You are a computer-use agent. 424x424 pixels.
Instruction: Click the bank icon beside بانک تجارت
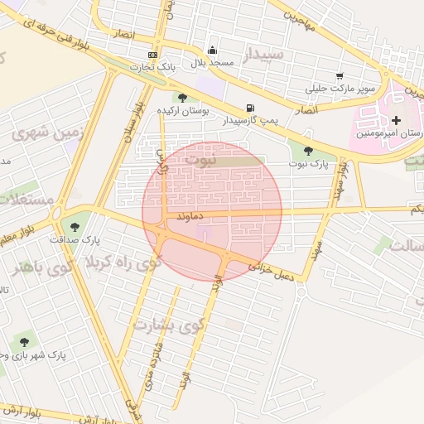click(x=152, y=55)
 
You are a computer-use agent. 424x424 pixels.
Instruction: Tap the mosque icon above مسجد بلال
click(x=212, y=50)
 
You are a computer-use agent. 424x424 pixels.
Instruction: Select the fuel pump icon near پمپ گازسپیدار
click(x=249, y=108)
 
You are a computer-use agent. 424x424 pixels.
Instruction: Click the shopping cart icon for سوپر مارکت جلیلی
click(x=340, y=76)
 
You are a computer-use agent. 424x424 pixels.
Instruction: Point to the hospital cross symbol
click(x=396, y=121)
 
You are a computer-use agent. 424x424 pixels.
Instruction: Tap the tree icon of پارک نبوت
click(x=309, y=151)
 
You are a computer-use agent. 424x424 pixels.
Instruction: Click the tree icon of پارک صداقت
click(x=75, y=227)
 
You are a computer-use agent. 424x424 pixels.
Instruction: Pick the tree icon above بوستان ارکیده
click(x=182, y=97)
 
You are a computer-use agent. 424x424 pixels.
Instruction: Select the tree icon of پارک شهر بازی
click(x=24, y=342)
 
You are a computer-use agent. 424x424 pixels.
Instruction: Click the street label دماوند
click(x=190, y=214)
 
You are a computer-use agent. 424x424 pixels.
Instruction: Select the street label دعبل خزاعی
click(x=271, y=267)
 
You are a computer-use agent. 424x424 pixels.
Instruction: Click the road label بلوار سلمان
click(x=133, y=122)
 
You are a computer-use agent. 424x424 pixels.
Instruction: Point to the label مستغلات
click(x=24, y=199)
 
